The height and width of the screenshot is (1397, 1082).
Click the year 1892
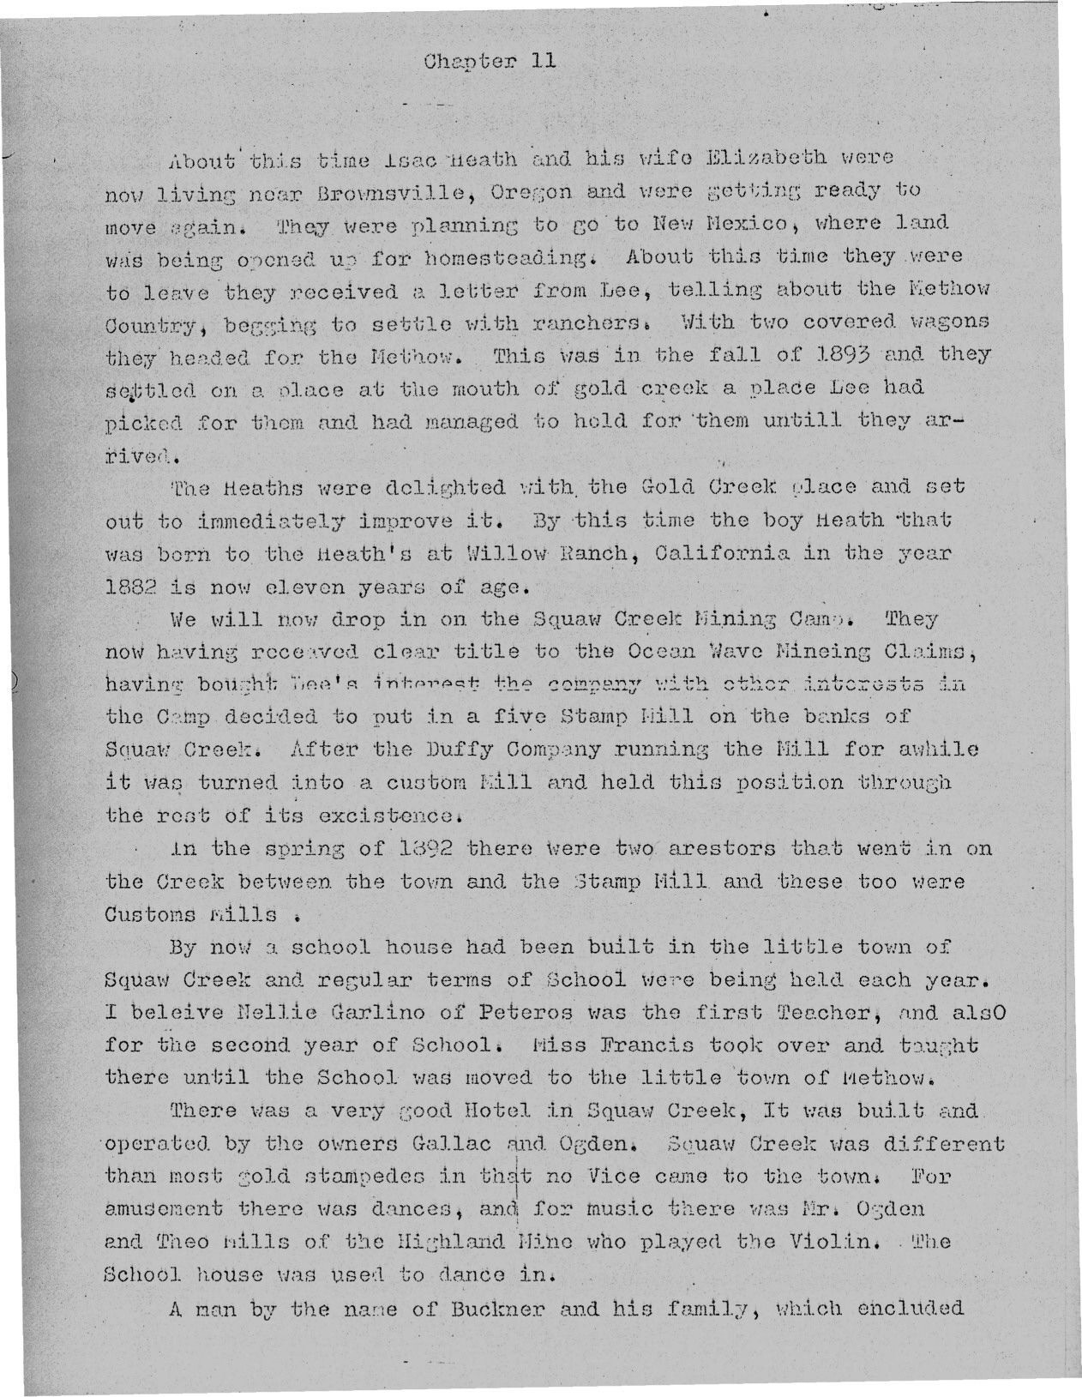pos(418,849)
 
